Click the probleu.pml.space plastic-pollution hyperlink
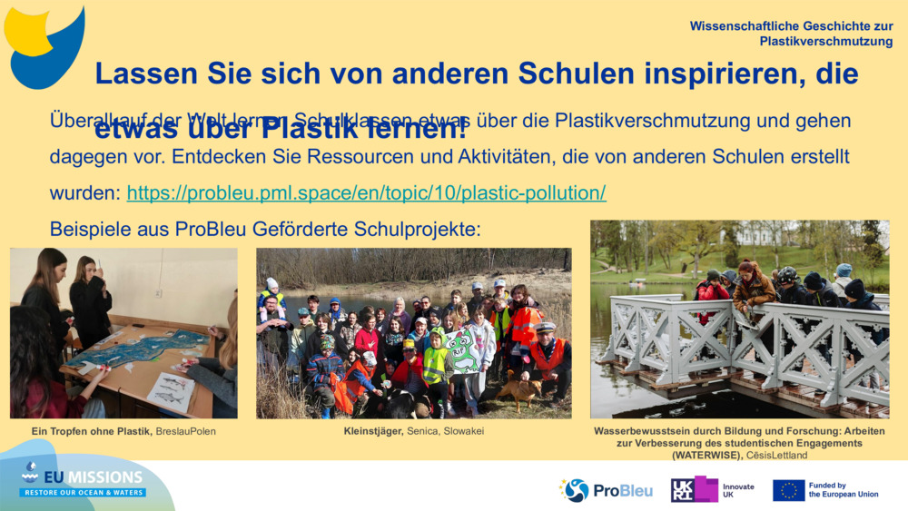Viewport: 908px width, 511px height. pyautogui.click(x=366, y=193)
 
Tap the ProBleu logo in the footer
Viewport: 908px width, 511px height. pyautogui.click(x=606, y=490)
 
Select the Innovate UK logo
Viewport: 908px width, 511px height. pyautogui.click(x=712, y=490)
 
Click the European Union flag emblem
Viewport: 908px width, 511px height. pyautogui.click(x=788, y=490)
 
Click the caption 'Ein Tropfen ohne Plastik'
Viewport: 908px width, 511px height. pyautogui.click(x=91, y=431)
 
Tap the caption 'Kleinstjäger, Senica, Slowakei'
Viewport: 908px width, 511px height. pyautogui.click(x=413, y=431)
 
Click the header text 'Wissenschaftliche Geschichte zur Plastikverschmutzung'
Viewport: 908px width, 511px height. pyautogui.click(x=791, y=34)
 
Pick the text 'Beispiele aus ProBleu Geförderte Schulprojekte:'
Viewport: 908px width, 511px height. pyautogui.click(x=264, y=229)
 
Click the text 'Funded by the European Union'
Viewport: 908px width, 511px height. pyautogui.click(x=843, y=490)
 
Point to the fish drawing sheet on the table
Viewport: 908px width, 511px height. pyautogui.click(x=171, y=390)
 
